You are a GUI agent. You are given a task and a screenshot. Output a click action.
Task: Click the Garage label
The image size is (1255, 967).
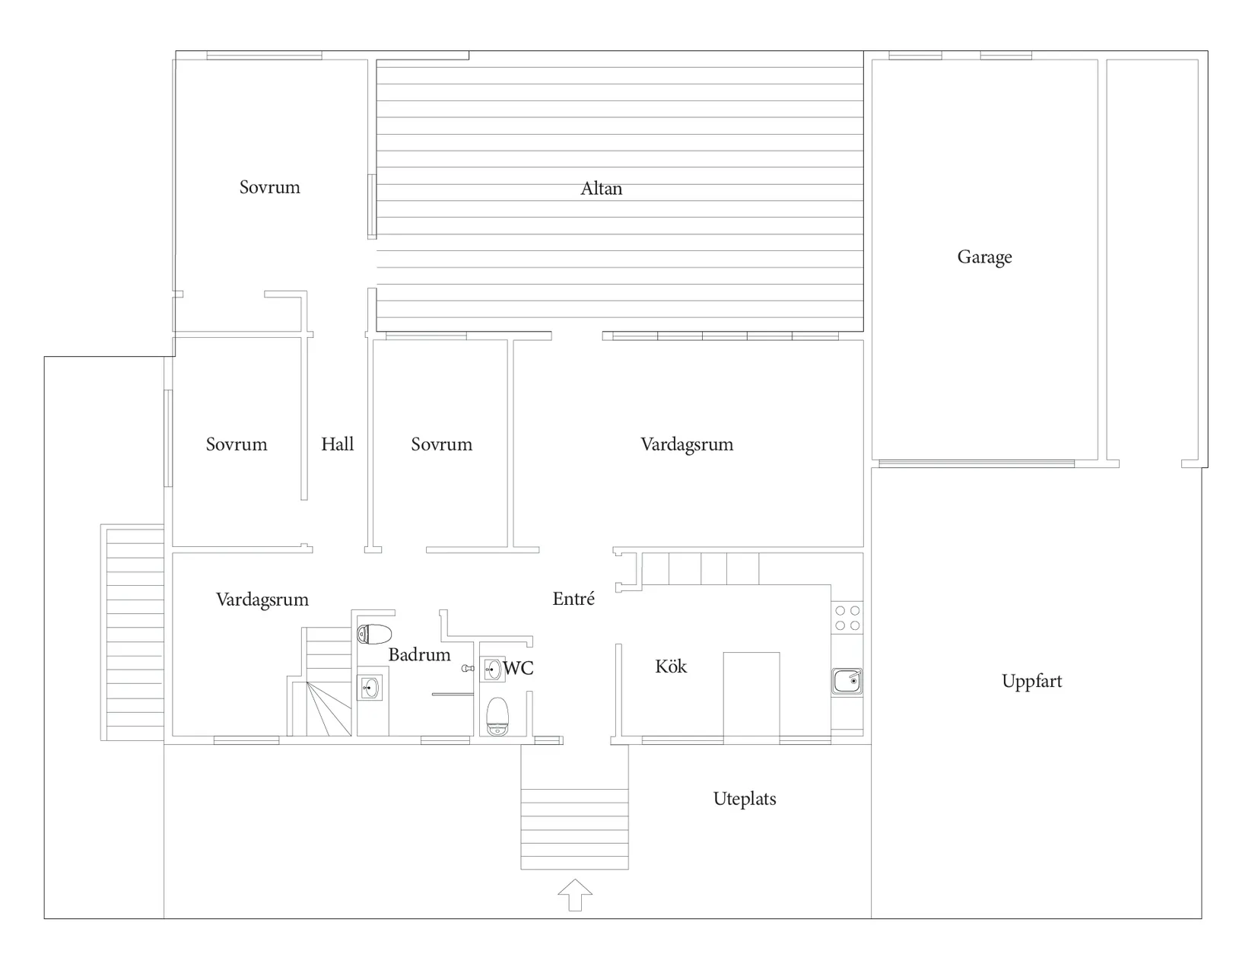coord(984,257)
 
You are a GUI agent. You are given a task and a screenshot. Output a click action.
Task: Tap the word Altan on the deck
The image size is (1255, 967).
coord(601,189)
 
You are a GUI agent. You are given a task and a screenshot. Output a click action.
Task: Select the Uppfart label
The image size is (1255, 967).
coord(1031,682)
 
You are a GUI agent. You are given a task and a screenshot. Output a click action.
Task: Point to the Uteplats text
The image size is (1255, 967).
coord(745,799)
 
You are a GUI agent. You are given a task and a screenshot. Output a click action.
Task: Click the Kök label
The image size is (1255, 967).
coord(671,666)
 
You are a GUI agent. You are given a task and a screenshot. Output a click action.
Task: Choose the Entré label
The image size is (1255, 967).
coord(573,599)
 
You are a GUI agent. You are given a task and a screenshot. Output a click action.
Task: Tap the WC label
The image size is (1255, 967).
coord(518,668)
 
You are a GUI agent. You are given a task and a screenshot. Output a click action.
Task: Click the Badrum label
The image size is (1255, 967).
coord(419,654)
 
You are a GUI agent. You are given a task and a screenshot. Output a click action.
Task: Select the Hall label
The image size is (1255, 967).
coord(337,444)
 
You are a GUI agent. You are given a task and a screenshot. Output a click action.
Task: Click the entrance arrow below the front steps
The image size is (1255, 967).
coord(575,895)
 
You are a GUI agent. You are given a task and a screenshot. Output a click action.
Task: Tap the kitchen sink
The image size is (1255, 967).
coord(847,682)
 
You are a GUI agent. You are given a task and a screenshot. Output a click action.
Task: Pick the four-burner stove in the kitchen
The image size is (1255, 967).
coord(847,618)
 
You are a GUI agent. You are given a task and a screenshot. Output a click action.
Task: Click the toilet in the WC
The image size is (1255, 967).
coord(497,716)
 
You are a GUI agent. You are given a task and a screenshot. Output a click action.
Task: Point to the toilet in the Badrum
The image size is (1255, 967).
coord(374,634)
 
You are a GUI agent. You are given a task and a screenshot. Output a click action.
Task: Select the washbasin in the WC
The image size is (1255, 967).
coord(493,670)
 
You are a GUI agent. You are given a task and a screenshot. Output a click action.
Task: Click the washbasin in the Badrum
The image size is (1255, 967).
coord(370,688)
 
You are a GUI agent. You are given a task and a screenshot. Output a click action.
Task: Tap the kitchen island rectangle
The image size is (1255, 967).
coord(751,695)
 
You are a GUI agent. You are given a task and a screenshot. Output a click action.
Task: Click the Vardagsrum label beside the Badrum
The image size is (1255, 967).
coord(262,600)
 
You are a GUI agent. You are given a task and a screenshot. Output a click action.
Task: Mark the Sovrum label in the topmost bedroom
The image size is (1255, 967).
coord(270,187)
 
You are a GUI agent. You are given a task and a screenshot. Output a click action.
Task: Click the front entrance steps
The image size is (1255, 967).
coord(575,829)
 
